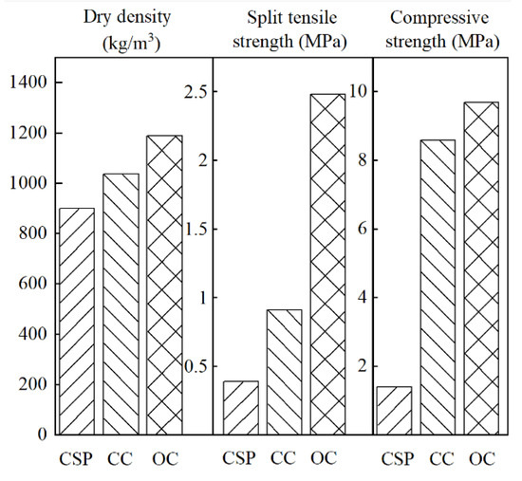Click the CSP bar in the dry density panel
pyautogui.click(x=77, y=322)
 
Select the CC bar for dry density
pyautogui.click(x=121, y=305)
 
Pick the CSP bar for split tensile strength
pyautogui.click(x=240, y=408)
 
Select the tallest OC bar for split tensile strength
pyautogui.click(x=327, y=265)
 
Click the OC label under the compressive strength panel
pyautogui.click(x=481, y=460)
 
